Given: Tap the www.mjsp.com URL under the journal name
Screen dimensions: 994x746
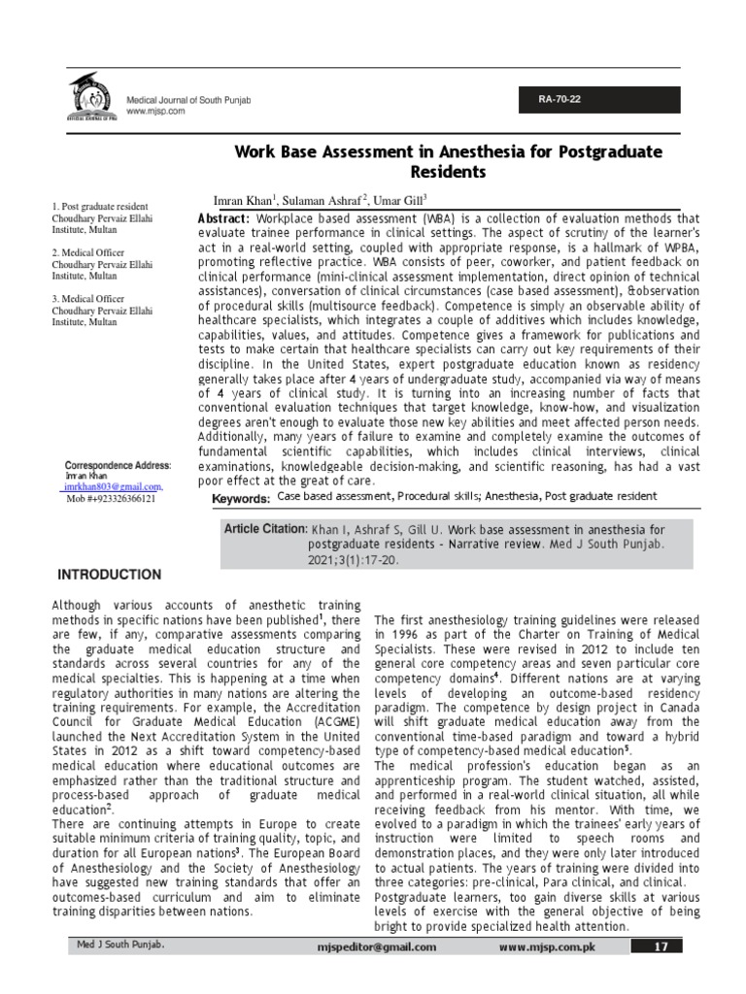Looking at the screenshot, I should [x=155, y=112].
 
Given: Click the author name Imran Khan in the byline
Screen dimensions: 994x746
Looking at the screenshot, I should [x=247, y=197].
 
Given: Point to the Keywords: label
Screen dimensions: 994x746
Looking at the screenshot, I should [x=241, y=498].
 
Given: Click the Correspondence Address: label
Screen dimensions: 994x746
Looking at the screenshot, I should [x=117, y=466].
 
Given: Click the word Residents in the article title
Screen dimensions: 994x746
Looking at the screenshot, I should [x=445, y=172].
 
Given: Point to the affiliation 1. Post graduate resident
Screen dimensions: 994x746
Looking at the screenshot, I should [x=100, y=207].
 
